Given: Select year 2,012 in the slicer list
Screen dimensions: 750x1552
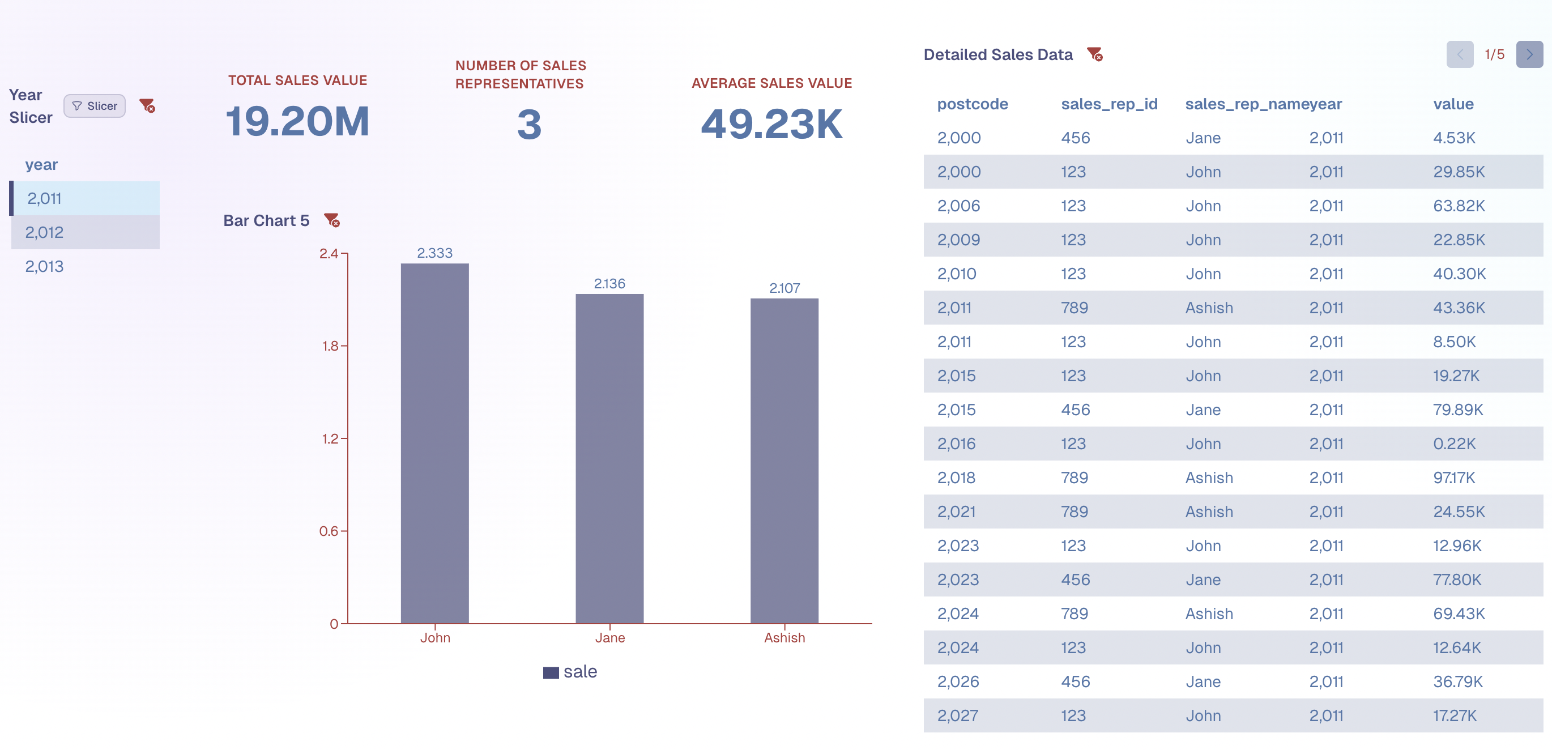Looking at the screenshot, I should [x=44, y=232].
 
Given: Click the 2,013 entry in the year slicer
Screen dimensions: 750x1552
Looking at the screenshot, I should [x=44, y=266].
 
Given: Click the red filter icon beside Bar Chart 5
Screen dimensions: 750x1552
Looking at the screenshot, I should [x=331, y=220].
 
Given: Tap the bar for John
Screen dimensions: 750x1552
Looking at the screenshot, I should [x=434, y=443].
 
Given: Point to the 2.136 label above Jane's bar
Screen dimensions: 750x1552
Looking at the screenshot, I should [x=609, y=283].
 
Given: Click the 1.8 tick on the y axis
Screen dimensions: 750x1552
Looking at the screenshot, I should [x=330, y=346].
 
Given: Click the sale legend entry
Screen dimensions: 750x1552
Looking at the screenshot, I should [x=570, y=672].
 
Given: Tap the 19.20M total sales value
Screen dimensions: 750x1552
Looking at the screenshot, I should [x=297, y=122].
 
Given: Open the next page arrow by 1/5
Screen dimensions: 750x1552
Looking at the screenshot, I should [x=1529, y=54].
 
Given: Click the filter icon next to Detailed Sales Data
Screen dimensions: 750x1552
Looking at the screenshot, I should [x=1094, y=54].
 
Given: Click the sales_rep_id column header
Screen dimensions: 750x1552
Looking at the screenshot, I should [x=1108, y=104].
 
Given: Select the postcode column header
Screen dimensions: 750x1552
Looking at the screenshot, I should [x=972, y=104].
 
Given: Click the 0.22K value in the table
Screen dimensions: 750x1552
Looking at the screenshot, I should [x=1454, y=444].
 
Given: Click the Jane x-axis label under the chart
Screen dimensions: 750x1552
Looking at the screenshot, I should [x=609, y=637].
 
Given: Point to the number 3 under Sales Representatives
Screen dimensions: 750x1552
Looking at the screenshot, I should [x=529, y=125].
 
